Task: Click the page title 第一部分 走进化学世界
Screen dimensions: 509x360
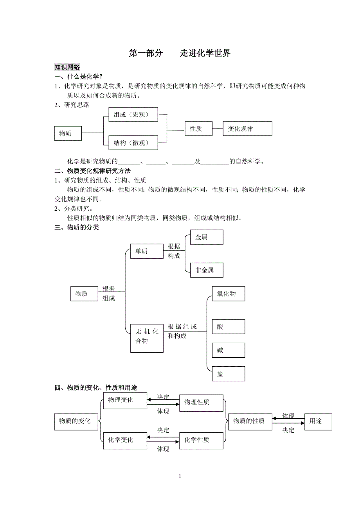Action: coord(180,53)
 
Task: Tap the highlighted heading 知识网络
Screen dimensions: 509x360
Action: coord(67,67)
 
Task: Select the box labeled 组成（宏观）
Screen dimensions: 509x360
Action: coord(133,115)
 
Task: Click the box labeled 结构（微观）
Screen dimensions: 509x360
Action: coord(133,143)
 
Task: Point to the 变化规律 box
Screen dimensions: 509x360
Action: coord(247,129)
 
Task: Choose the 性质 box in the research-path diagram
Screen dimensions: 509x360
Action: coord(198,129)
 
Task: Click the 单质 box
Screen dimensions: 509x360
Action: coord(147,251)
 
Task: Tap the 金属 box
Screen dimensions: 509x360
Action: coord(206,237)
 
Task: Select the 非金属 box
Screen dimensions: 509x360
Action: coord(206,270)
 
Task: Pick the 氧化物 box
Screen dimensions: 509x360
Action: coord(228,294)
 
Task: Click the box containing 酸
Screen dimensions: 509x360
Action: coord(228,326)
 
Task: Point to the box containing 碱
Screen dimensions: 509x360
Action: coord(228,350)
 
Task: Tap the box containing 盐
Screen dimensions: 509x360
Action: coord(228,374)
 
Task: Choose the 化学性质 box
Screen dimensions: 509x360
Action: coord(201,440)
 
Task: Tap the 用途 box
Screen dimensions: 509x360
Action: coord(318,421)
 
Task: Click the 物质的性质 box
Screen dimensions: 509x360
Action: coord(250,421)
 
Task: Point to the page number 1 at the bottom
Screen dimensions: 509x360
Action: coord(180,476)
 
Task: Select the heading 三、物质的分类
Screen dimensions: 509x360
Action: coord(77,227)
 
